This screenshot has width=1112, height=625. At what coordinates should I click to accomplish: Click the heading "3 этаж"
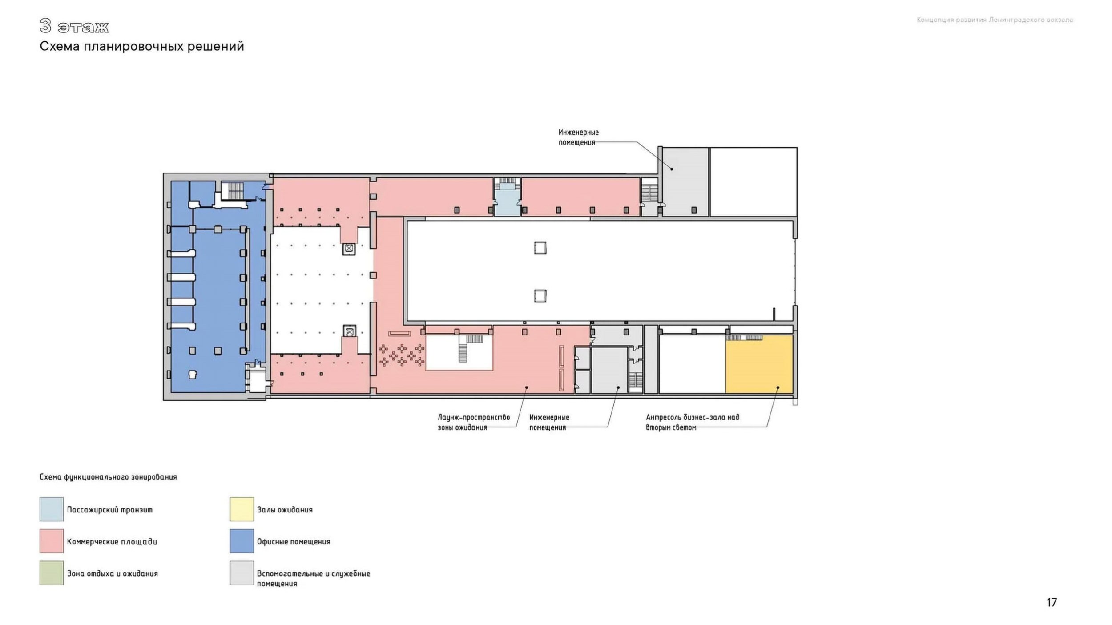point(74,26)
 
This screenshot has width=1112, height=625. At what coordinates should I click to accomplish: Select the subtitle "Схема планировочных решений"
point(142,46)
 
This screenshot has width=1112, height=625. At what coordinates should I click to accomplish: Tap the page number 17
point(1052,602)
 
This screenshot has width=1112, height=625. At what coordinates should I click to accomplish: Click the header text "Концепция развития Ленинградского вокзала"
point(995,20)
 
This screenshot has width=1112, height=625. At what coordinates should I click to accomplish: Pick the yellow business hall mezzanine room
point(759,364)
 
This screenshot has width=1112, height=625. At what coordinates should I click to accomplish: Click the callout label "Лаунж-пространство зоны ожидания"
point(474,422)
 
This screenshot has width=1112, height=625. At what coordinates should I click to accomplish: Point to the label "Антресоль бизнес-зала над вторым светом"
point(692,422)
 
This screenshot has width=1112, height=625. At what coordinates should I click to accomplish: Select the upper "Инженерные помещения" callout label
point(578,137)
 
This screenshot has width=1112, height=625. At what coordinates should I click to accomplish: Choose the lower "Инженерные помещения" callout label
point(549,422)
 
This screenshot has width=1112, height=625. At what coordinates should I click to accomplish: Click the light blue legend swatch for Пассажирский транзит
point(52,509)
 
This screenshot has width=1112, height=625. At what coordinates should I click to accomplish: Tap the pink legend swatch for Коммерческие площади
point(52,541)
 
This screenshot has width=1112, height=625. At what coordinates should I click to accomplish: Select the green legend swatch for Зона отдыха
point(52,573)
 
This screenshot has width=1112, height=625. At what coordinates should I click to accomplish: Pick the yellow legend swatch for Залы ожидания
point(242,509)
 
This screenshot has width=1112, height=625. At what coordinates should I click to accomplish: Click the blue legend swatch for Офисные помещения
point(242,541)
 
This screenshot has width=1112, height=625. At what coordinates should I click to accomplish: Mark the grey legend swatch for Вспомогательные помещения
point(242,573)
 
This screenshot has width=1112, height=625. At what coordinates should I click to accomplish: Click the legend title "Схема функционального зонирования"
point(108,477)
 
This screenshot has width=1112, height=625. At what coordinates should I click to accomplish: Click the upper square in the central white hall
point(540,248)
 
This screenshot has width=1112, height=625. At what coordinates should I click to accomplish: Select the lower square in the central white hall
point(540,296)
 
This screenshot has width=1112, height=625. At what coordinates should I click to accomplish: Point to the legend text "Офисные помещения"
point(294,542)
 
